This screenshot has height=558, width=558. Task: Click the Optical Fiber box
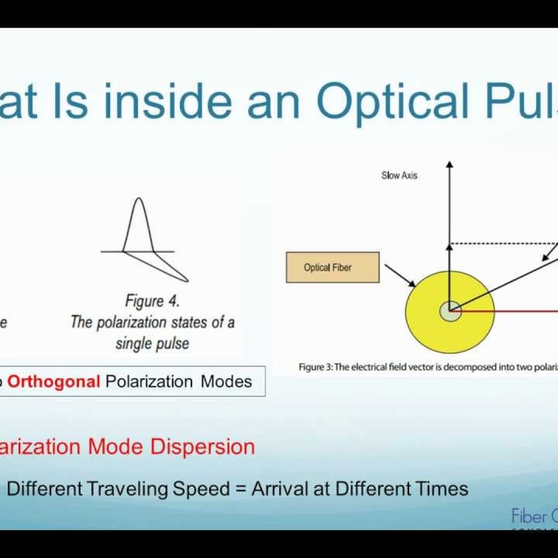tap(332, 267)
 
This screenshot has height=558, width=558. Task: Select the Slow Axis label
tap(399, 175)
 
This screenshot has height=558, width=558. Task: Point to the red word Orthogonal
tap(53, 381)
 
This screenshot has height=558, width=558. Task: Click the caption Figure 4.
tap(152, 301)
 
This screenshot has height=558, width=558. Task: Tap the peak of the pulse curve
tap(139, 199)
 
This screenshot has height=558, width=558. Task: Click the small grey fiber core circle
tap(450, 312)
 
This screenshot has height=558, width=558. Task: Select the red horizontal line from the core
tap(507, 312)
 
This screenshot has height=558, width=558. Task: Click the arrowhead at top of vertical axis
tap(450, 165)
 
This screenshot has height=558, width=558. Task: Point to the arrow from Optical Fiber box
tap(399, 275)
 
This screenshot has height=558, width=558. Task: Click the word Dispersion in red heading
tap(203, 447)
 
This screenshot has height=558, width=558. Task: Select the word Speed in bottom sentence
tap(201, 489)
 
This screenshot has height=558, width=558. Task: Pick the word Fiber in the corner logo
tap(529, 515)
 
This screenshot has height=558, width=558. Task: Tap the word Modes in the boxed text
tap(226, 381)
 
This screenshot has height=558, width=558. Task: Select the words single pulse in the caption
tap(152, 344)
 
